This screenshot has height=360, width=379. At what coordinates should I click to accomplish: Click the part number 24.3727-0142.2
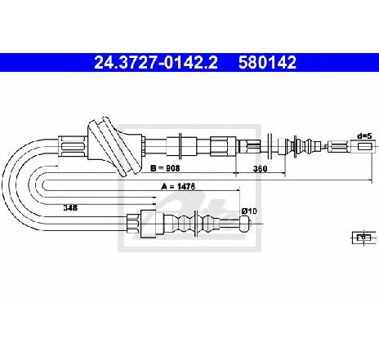point(156,63)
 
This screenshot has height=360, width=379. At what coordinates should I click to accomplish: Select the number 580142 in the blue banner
point(267,63)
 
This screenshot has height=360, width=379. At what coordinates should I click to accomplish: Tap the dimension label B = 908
point(165,168)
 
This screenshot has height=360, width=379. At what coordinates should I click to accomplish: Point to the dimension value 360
point(261,169)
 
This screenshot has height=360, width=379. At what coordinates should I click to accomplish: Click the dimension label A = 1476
point(178,186)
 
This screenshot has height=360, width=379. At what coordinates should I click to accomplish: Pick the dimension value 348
point(70,207)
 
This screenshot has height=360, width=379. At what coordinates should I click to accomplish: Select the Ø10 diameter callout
point(249,211)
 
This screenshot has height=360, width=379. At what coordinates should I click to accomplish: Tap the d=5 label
point(364,136)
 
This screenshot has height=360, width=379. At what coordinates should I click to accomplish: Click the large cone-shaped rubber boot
point(115,147)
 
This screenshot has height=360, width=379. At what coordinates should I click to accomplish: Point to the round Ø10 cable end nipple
point(245,224)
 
